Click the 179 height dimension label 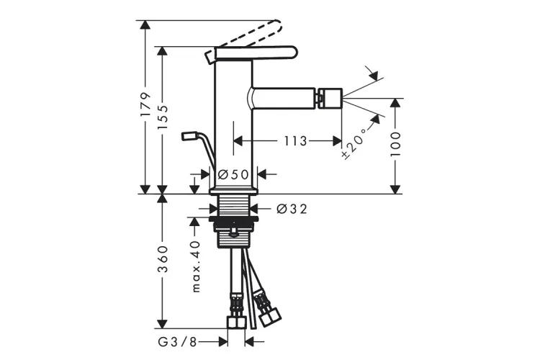[145, 104]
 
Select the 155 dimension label [163, 117]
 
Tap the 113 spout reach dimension [295, 141]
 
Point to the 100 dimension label [396, 144]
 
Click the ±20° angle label [354, 143]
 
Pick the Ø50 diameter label [233, 175]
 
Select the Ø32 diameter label [292, 208]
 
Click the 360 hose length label [163, 258]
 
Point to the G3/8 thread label [177, 342]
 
